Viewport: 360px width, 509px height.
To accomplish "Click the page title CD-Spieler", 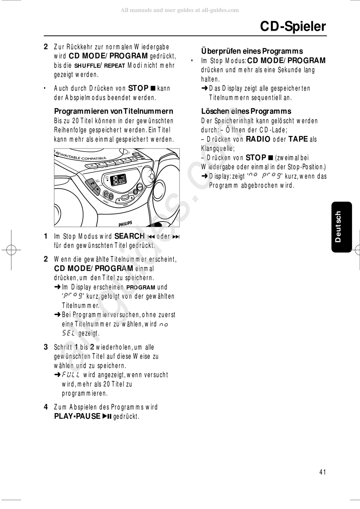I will point(293,26).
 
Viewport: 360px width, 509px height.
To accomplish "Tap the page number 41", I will point(322,472).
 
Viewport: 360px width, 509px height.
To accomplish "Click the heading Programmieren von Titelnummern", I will point(113,111).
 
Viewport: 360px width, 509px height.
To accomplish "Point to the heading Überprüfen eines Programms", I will point(252,51).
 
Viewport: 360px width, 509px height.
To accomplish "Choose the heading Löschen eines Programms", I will point(246,111).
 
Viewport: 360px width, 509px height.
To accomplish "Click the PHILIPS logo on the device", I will point(125,224).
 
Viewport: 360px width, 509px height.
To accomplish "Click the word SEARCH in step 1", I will point(129,236).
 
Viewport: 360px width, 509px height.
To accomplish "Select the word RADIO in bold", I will point(258,139).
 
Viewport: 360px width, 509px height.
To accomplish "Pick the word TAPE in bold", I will point(298,139).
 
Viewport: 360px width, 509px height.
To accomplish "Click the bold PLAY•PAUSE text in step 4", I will point(77,417).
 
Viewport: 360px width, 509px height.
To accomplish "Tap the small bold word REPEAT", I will point(114,66).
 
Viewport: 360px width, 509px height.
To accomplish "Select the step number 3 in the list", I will point(46,347).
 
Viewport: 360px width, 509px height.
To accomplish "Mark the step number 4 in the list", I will point(46,407).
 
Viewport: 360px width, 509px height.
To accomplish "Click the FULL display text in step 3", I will point(71,375).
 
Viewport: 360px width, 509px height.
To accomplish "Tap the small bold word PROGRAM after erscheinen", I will point(141,287).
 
